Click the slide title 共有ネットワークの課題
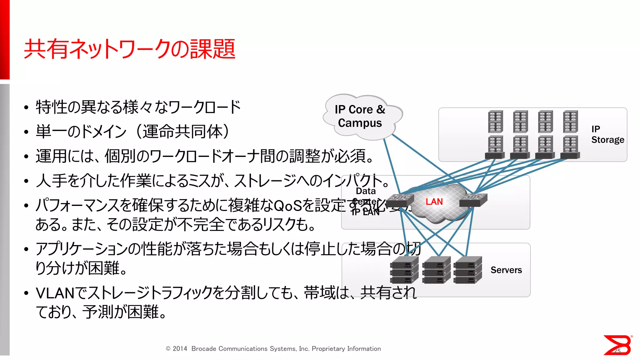130,49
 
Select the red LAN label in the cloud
434,202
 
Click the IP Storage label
607,134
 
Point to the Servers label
506,270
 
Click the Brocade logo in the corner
617,345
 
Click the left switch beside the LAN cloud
400,199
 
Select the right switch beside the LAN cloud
473,199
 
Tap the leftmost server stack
404,270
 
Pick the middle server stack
436,270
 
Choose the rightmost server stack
468,270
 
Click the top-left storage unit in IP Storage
496,122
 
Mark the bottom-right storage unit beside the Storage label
570,147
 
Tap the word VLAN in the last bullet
55,293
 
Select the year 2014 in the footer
180,349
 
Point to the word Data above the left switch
366,191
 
